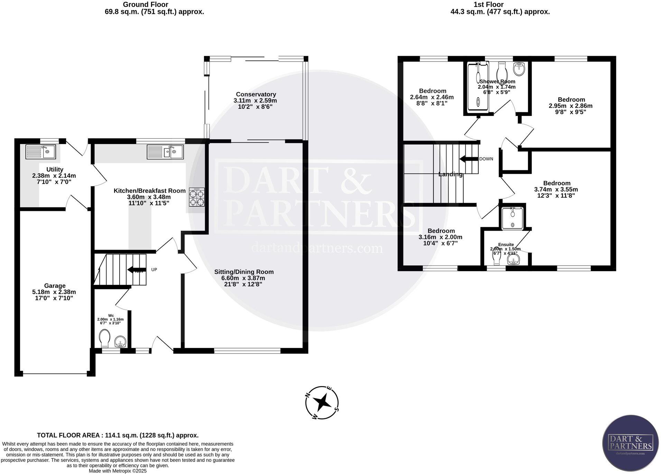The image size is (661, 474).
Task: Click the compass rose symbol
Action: click(322, 402)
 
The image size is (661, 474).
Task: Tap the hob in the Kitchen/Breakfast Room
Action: click(196, 197)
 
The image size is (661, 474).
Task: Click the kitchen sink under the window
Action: click(165, 152)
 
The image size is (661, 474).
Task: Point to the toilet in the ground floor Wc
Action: click(104, 338)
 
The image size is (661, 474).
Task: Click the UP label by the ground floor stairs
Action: click(154, 269)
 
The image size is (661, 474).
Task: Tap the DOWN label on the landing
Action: click(486, 159)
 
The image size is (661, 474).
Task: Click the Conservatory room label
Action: click(256, 94)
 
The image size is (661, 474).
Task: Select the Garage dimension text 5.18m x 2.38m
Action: click(54, 292)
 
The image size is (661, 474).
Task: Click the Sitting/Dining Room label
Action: click(244, 272)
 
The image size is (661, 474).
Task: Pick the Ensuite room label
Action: click(506, 244)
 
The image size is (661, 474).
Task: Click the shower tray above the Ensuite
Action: click(512, 218)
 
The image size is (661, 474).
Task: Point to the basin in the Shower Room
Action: click(519, 69)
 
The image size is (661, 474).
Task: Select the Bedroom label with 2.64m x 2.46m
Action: click(432, 91)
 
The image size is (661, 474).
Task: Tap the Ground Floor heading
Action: click(146, 5)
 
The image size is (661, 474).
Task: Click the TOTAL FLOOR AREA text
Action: click(118, 435)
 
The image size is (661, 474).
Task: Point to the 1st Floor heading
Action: click(488, 5)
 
